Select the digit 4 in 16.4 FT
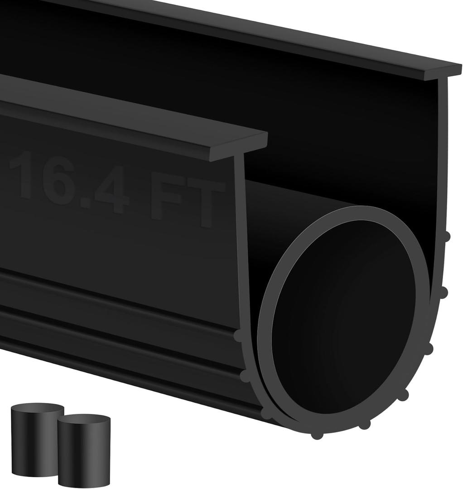[111, 190]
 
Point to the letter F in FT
[165, 199]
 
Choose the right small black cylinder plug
[84, 451]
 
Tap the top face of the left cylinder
[37, 409]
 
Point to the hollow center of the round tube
[344, 312]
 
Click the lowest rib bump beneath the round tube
[317, 435]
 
